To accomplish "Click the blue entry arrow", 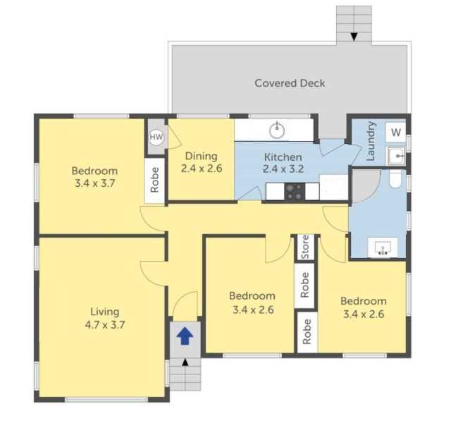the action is [185, 336].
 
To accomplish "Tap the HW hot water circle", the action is [156, 137].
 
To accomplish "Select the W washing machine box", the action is [396, 132].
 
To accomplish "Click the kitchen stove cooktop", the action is [295, 191].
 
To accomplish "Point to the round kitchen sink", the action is [277, 130].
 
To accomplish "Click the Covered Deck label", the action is [290, 83].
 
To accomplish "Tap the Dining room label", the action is [202, 156].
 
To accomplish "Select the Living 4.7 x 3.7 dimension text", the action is [105, 325].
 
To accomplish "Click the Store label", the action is [305, 247].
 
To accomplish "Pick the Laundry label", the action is [371, 141].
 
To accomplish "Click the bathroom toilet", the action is [395, 178].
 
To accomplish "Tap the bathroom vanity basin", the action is [383, 248].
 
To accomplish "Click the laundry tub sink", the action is [396, 156].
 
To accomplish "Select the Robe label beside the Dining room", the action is [154, 180].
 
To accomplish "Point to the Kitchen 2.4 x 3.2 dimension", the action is [283, 169].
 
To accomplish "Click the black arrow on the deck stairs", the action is [354, 37].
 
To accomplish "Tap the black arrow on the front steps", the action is [185, 362].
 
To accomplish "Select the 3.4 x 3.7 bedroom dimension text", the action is [94, 183].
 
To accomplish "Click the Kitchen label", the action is [283, 157].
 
